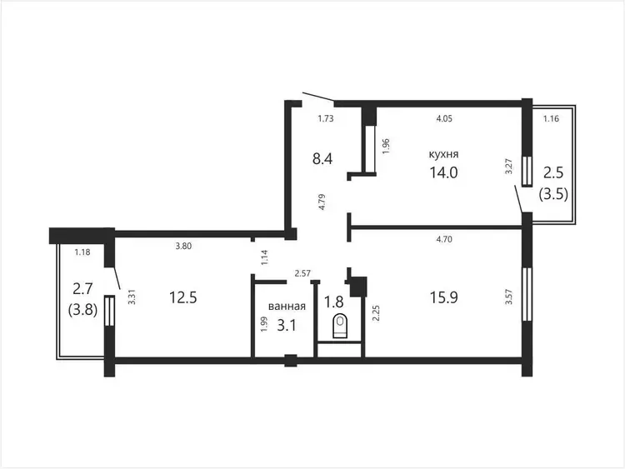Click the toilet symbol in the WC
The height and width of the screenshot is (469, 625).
(x=339, y=326)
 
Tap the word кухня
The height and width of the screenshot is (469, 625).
(x=443, y=154)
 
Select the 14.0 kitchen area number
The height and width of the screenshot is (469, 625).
(x=443, y=172)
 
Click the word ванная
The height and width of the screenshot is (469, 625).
(x=287, y=306)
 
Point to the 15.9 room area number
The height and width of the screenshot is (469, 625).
(x=443, y=297)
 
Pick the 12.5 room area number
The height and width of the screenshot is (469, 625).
(x=183, y=297)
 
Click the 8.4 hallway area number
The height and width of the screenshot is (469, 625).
(x=322, y=158)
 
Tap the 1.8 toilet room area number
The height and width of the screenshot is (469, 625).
(x=333, y=302)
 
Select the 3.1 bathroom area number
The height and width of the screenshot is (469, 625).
(x=287, y=326)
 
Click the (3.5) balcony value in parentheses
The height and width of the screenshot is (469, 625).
(x=553, y=195)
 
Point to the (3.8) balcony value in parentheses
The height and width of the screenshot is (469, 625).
(x=82, y=310)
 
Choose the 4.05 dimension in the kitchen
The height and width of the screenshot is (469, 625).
(x=444, y=118)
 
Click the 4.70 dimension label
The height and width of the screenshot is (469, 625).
(x=444, y=239)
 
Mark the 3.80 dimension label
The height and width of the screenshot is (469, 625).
(x=183, y=247)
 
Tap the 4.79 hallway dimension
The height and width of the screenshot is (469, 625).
(x=322, y=202)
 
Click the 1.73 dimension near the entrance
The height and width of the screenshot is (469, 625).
(x=325, y=118)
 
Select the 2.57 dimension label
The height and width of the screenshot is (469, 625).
(x=302, y=273)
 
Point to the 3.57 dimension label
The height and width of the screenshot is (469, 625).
(x=508, y=297)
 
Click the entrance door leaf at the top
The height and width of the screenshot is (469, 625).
(x=318, y=96)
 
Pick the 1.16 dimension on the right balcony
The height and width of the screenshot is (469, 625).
(x=552, y=118)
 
